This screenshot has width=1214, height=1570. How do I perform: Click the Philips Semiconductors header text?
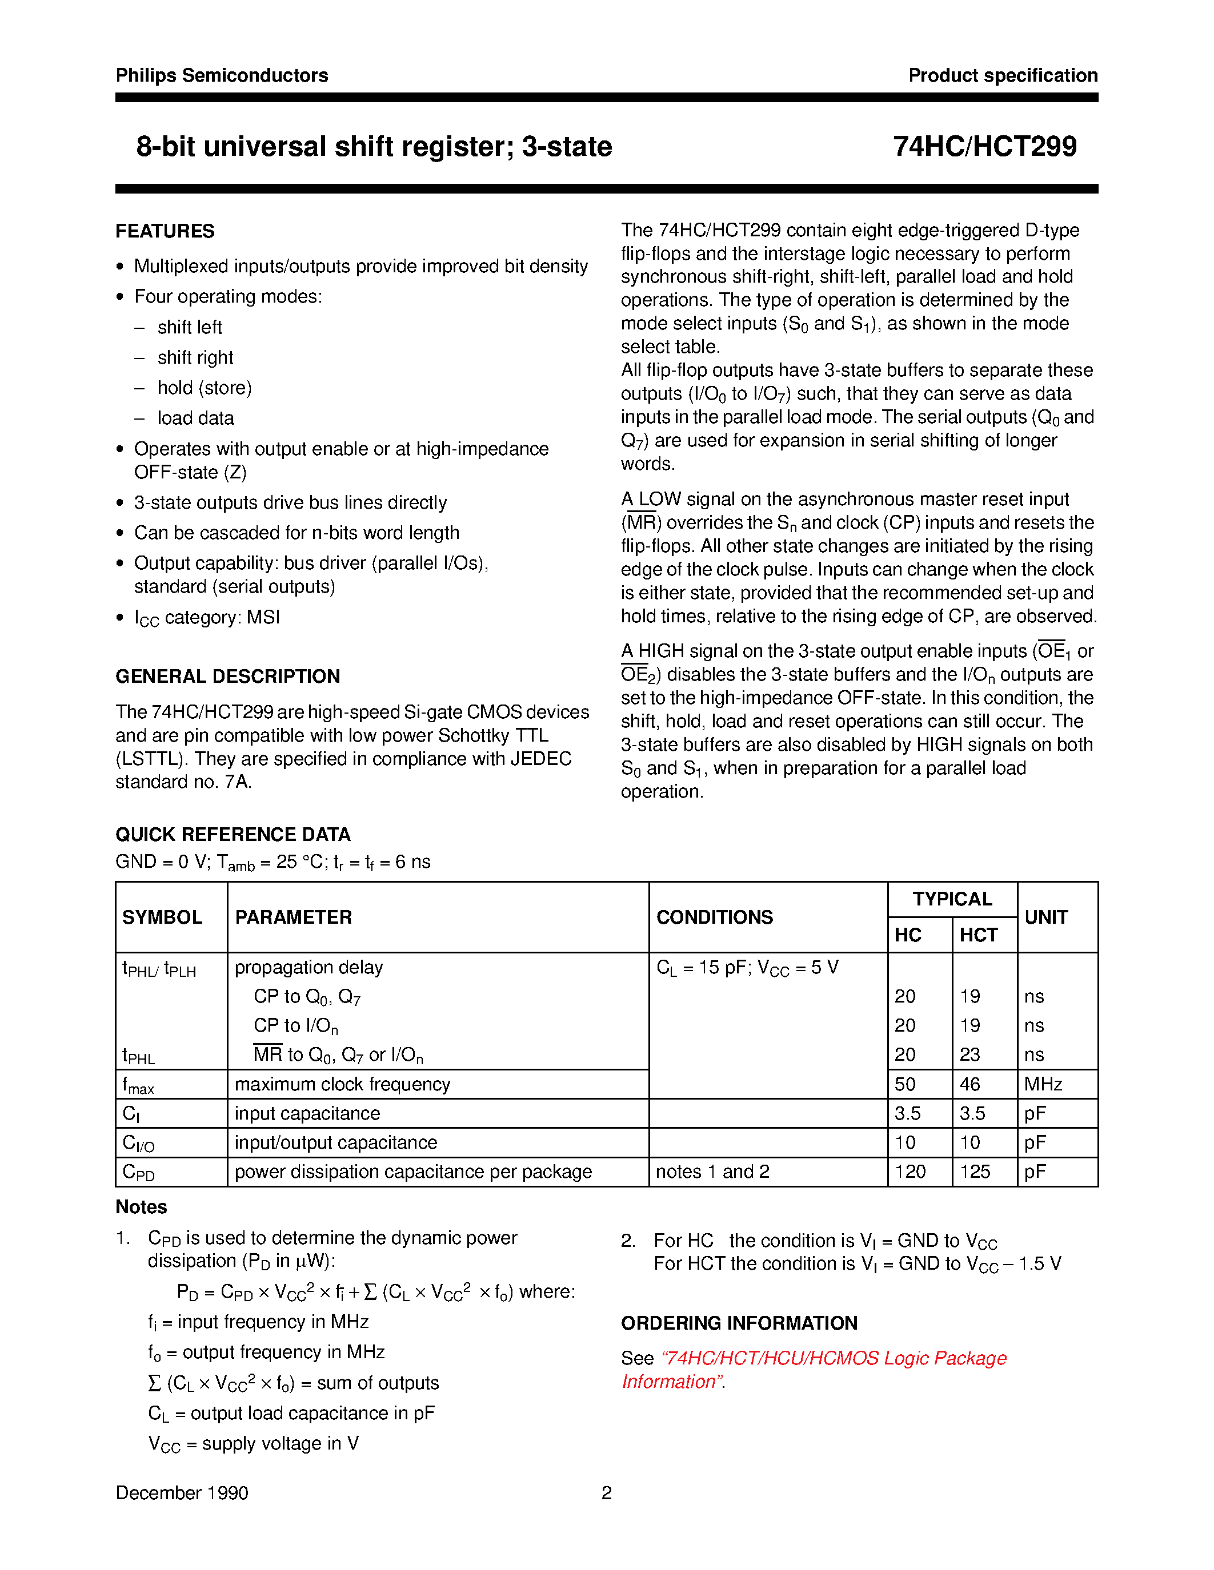coord(222,75)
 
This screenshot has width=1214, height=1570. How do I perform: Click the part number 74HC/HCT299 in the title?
coord(984,147)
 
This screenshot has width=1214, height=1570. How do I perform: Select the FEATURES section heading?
coord(165,231)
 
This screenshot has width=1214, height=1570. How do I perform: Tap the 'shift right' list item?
coord(195,357)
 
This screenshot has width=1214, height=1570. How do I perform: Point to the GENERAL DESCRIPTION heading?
coord(227,677)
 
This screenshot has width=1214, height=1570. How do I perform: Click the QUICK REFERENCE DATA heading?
coord(233,835)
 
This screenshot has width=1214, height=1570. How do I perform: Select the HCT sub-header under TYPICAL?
coord(978,935)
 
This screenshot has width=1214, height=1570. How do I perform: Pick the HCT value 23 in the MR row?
coord(969,1054)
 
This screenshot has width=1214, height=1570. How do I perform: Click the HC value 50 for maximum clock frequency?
coord(905,1084)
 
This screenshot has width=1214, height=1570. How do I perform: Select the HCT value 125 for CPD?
coord(975,1172)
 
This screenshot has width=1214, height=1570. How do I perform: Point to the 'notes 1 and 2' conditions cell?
coord(712,1172)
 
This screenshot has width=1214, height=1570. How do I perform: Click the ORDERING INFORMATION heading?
coord(739,1323)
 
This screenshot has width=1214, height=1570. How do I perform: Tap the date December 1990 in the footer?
coord(182,1493)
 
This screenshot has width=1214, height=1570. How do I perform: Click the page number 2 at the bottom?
coord(606,1493)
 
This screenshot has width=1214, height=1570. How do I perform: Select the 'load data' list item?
coord(195,418)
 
